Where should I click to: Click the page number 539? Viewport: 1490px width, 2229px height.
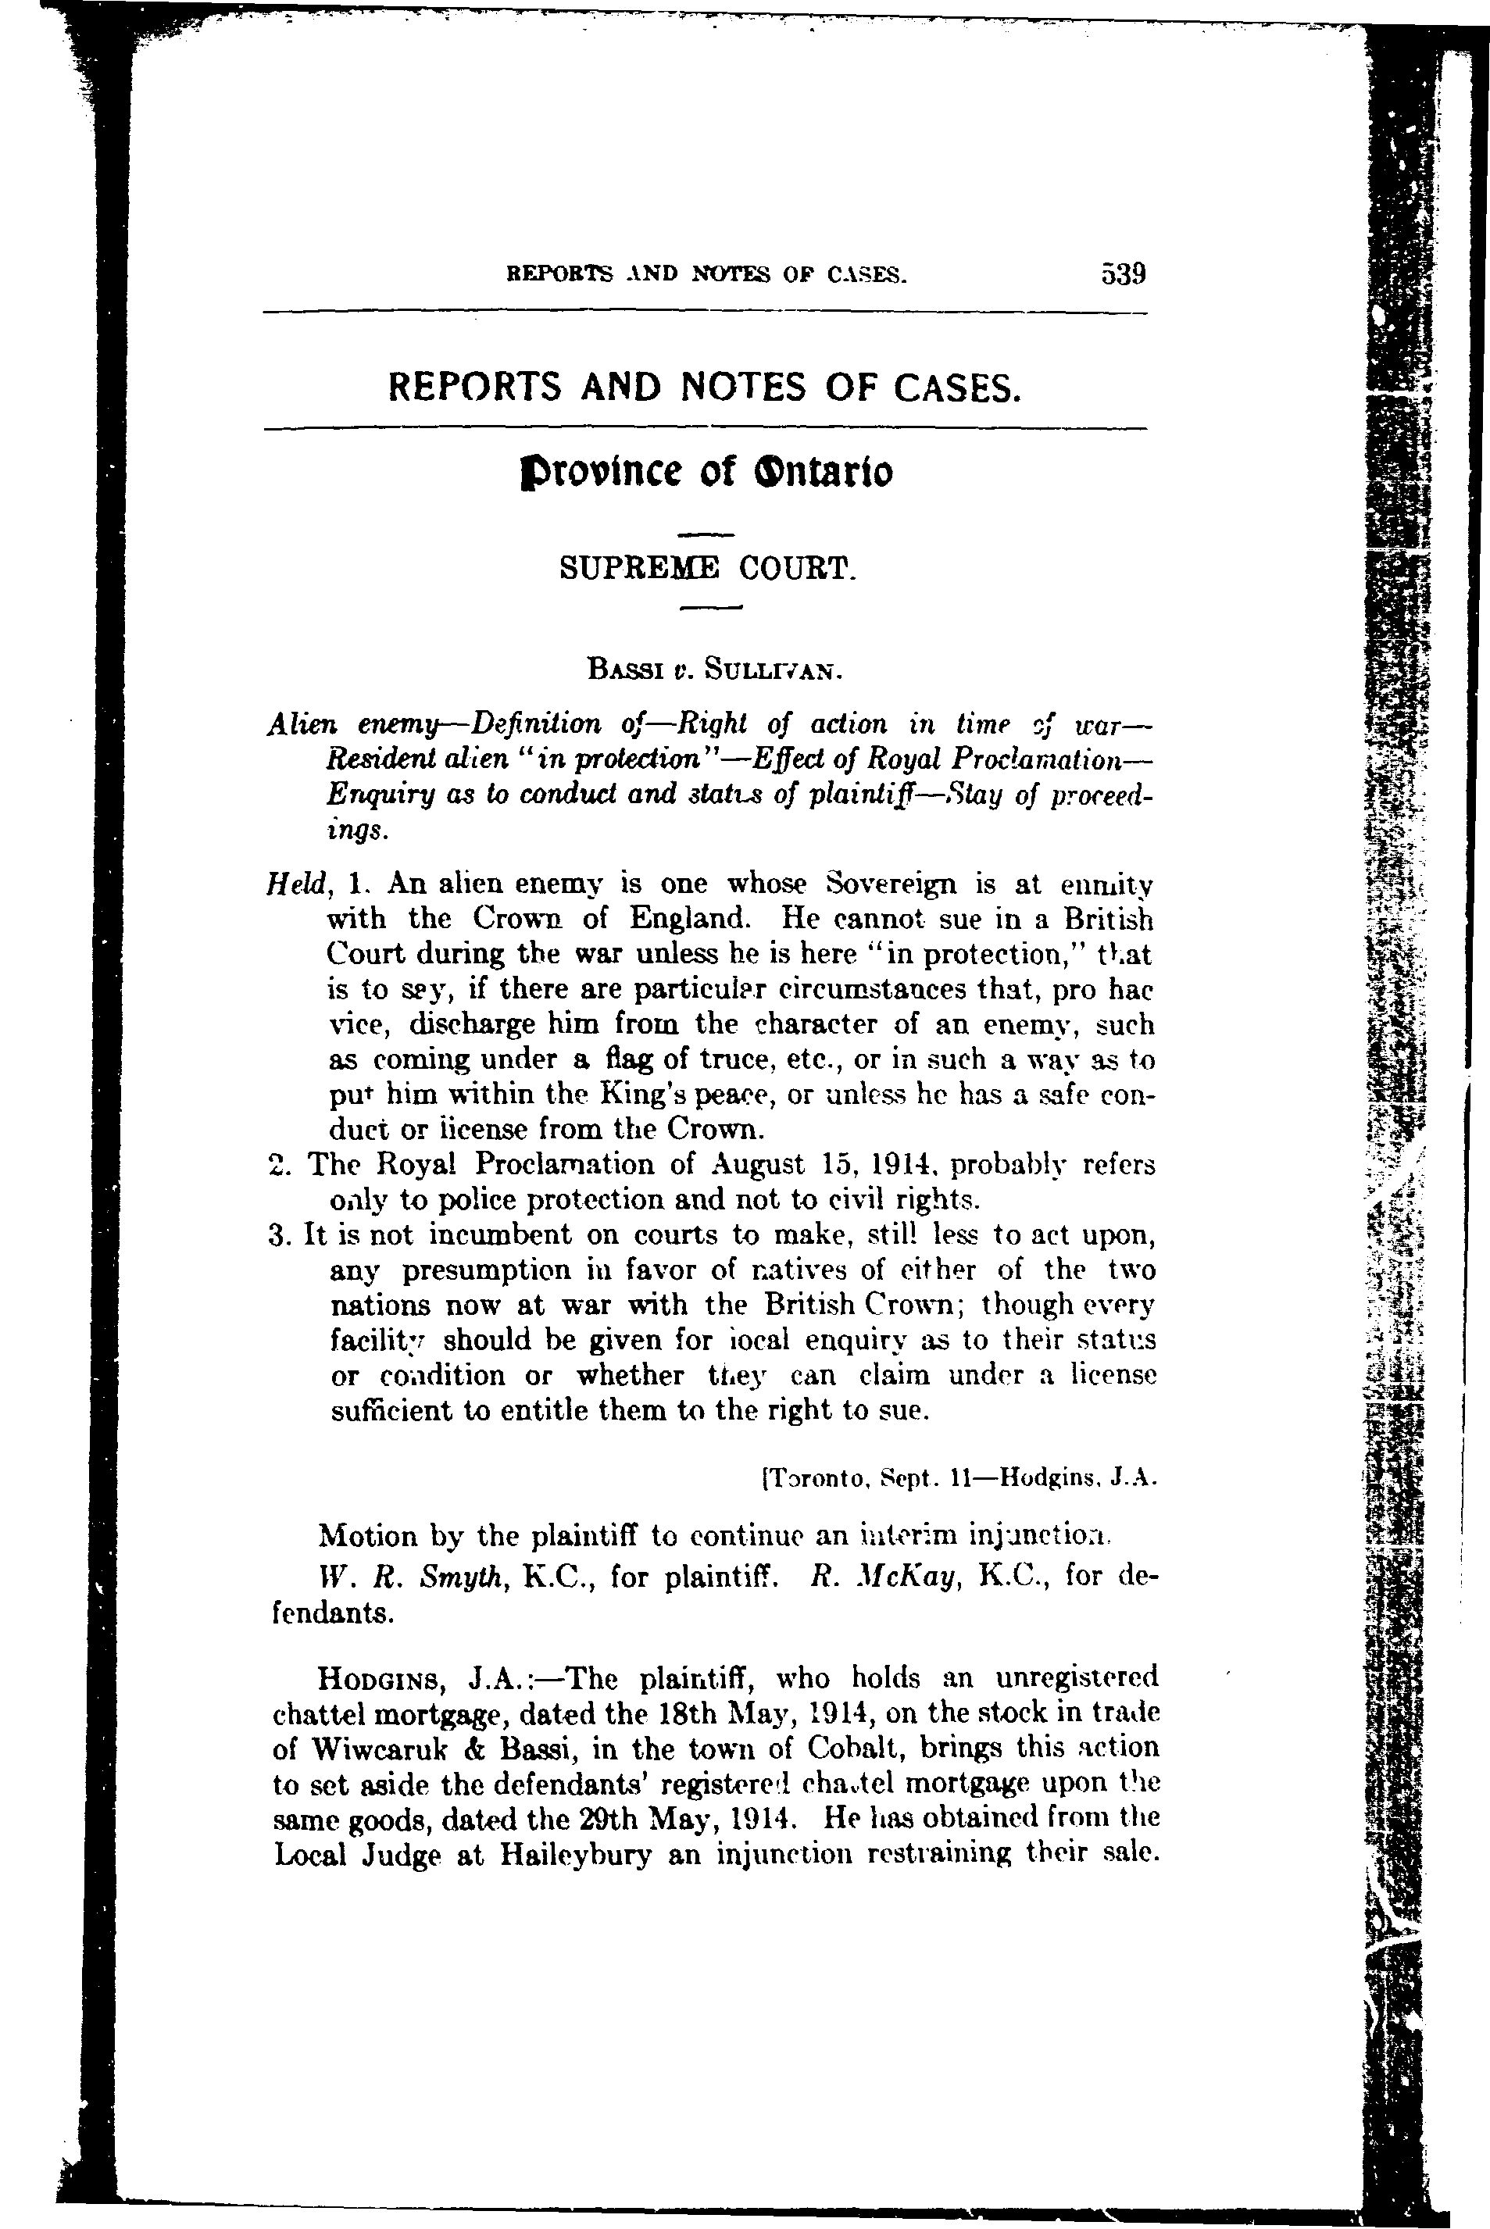click(x=1124, y=274)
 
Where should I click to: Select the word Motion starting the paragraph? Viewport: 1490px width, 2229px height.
click(x=368, y=1536)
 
